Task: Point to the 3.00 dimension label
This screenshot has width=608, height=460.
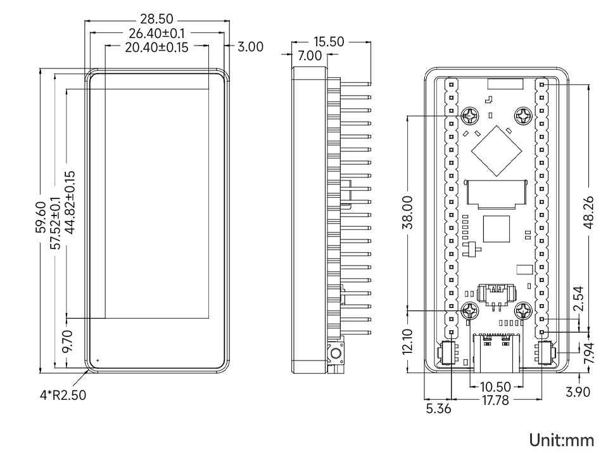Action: pyautogui.click(x=250, y=47)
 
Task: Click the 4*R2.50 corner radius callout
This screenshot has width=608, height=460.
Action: pyautogui.click(x=63, y=395)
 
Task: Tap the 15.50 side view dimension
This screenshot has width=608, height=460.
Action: pyautogui.click(x=328, y=42)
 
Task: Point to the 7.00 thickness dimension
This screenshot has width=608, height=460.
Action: pyautogui.click(x=309, y=56)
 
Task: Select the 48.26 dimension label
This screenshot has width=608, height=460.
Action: pyautogui.click(x=589, y=212)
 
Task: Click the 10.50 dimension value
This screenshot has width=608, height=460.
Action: pyautogui.click(x=496, y=386)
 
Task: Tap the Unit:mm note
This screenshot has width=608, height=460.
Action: pyautogui.click(x=562, y=439)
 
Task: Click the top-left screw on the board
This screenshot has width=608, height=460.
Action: pyautogui.click(x=469, y=116)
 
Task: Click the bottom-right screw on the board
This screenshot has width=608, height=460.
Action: pyautogui.click(x=523, y=310)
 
